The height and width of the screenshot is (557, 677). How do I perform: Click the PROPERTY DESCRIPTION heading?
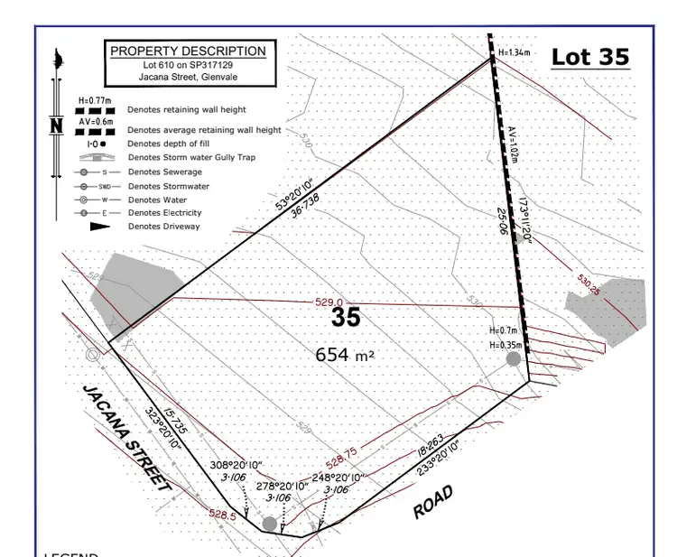tap(188, 51)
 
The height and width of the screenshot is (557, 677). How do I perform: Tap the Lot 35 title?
tap(589, 57)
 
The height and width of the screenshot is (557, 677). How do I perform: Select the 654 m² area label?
tap(345, 355)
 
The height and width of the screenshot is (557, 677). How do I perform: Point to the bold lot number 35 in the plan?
tap(346, 318)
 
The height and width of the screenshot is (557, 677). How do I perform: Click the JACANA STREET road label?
tap(126, 439)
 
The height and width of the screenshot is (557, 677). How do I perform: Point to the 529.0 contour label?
tap(329, 303)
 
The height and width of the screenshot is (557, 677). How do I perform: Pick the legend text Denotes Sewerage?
tap(165, 172)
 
